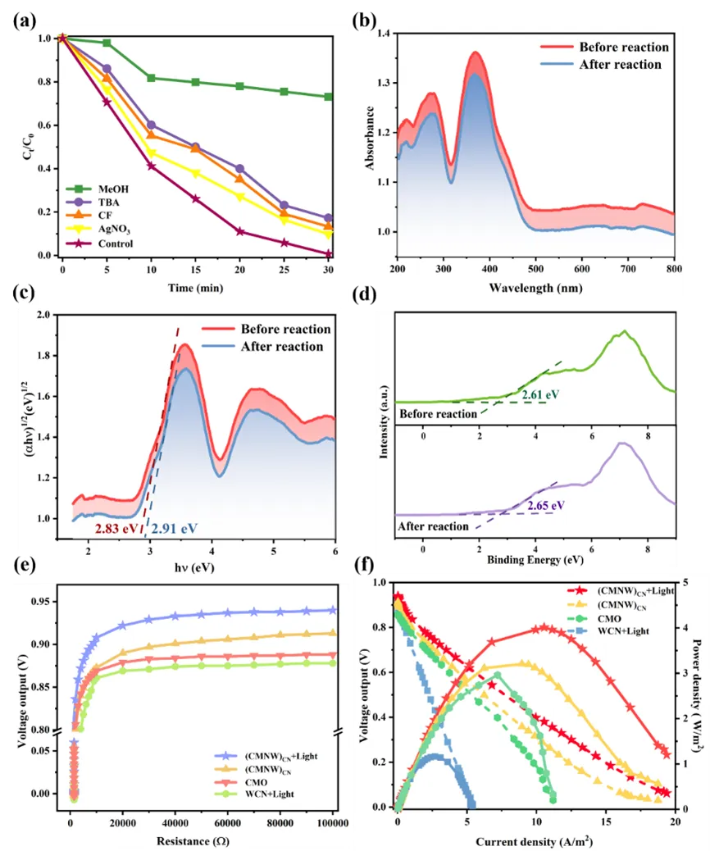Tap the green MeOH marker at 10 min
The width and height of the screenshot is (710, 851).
pos(150,78)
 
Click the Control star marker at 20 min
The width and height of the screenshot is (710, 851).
pos(239,232)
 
